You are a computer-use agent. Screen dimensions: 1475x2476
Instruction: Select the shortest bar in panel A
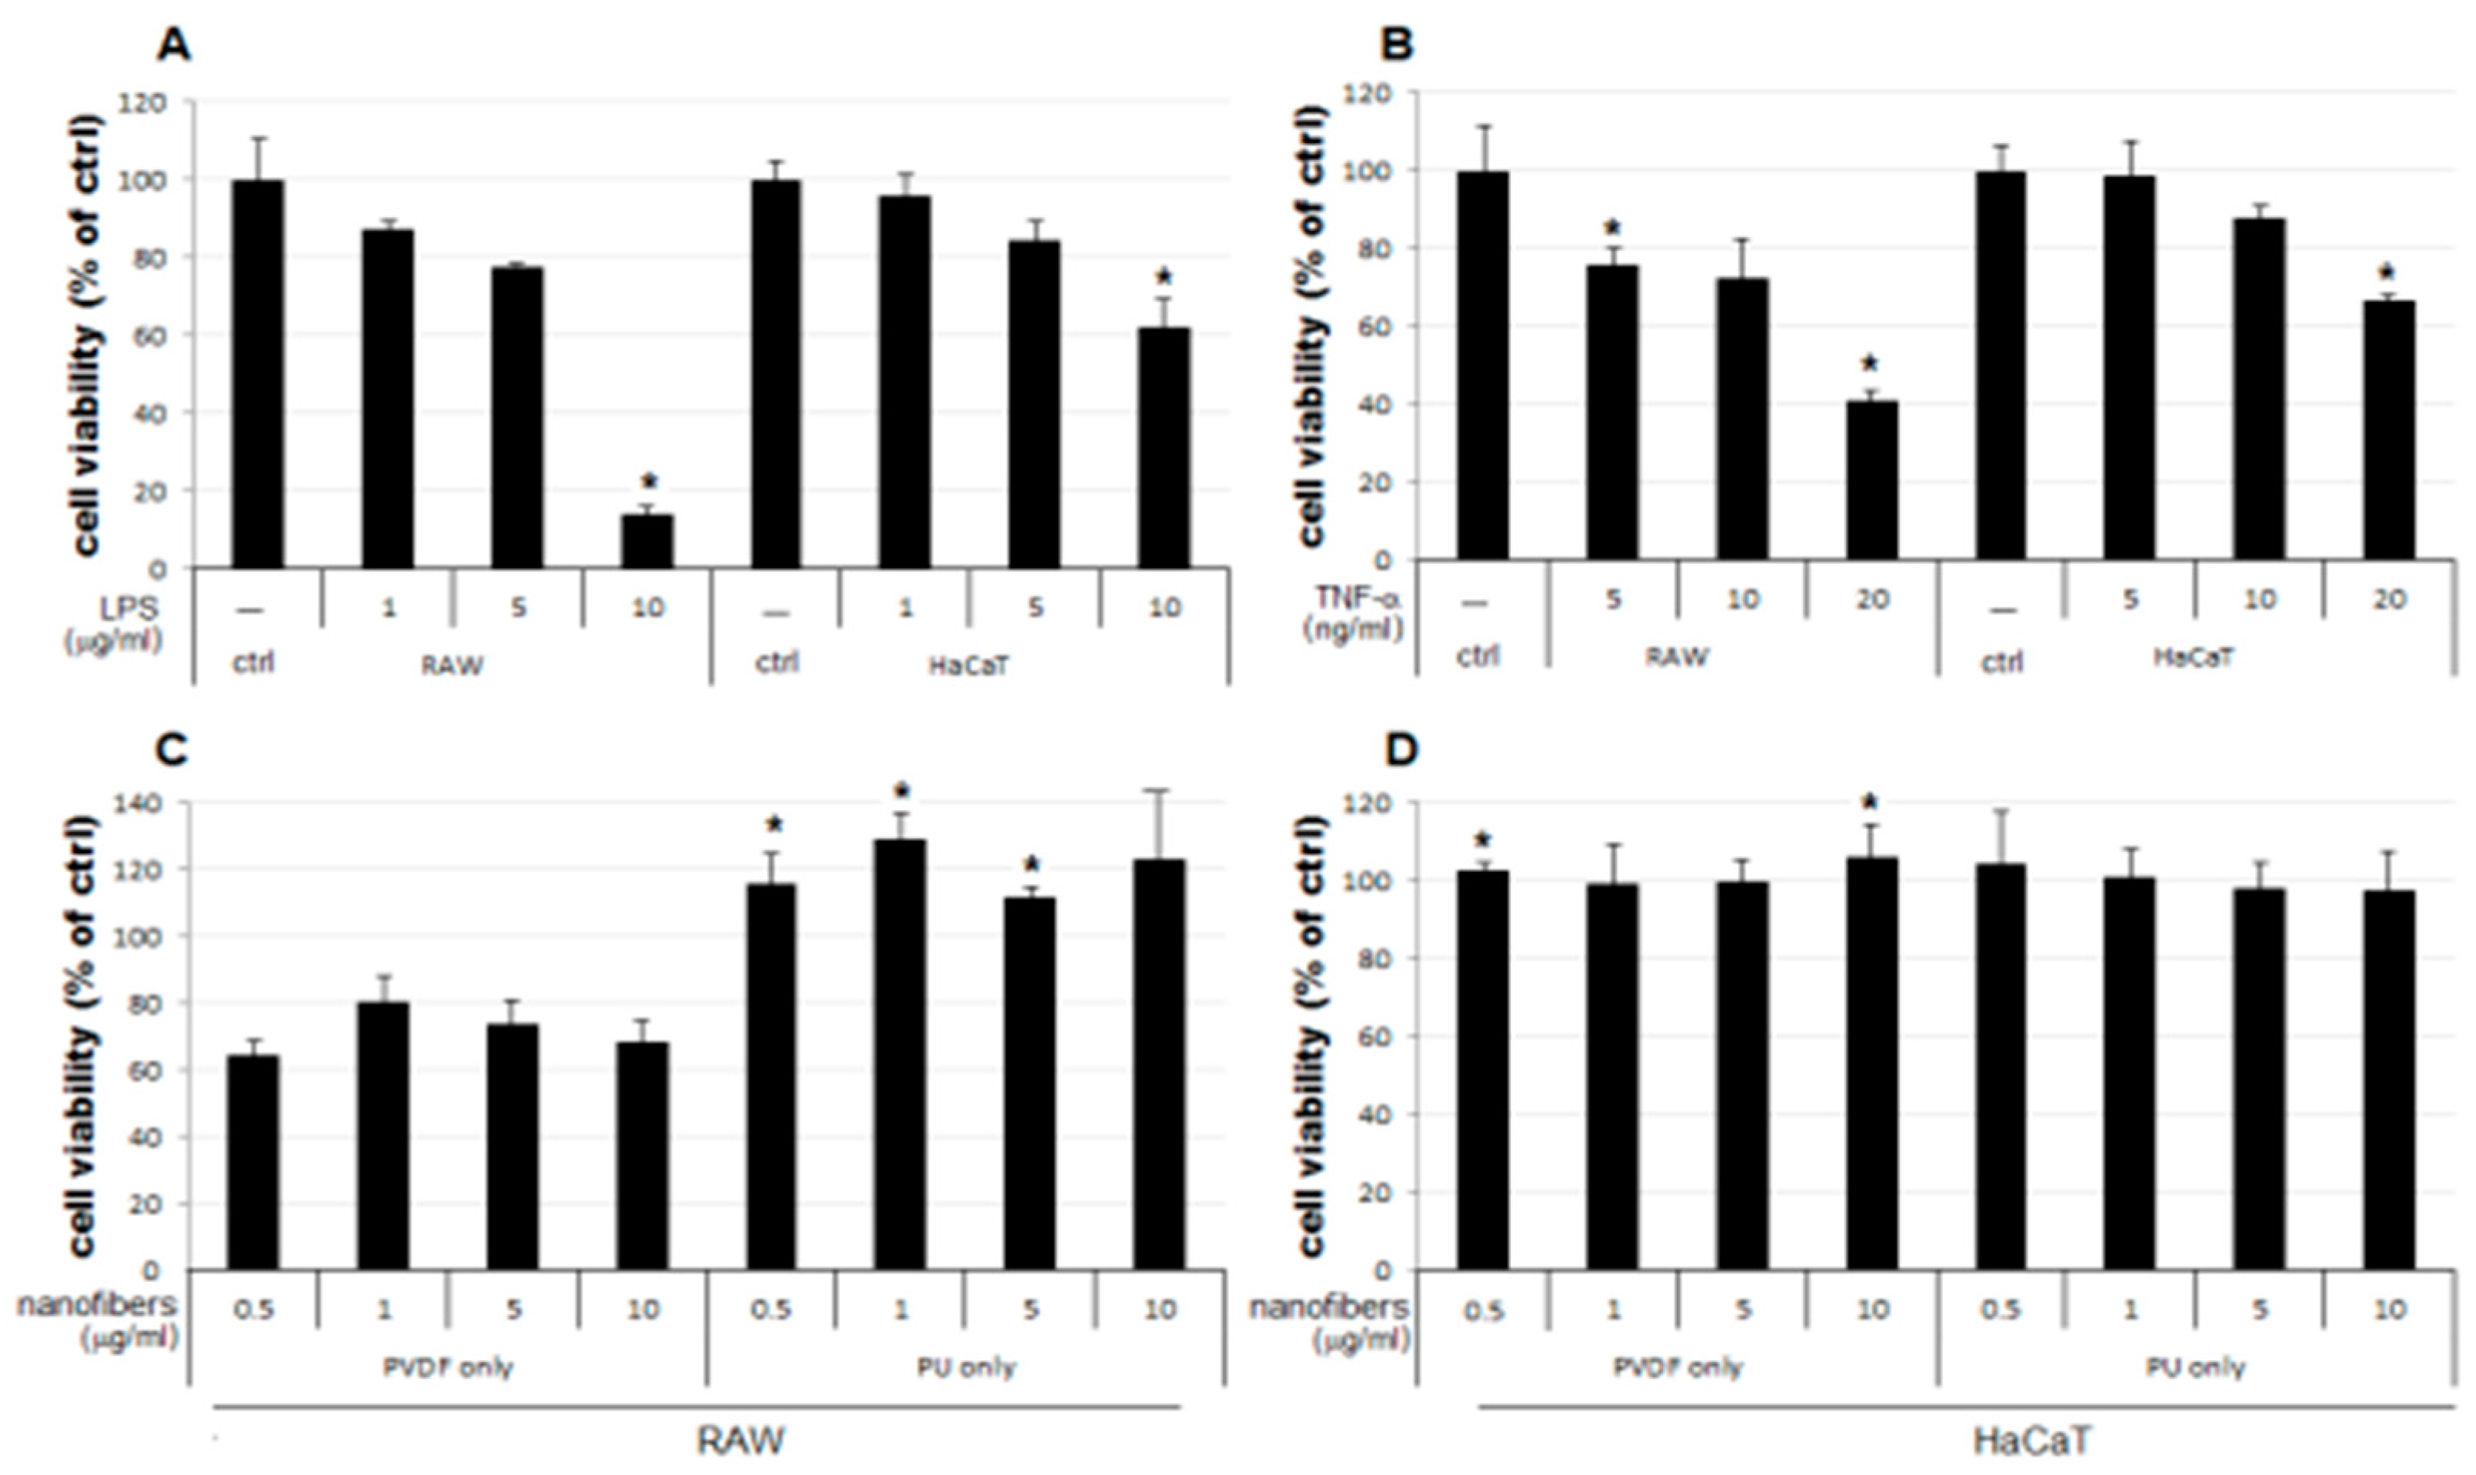pyautogui.click(x=647, y=541)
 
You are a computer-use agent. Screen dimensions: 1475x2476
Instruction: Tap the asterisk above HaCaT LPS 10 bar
pyautogui.click(x=1164, y=276)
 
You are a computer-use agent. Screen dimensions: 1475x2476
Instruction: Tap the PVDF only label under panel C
pyautogui.click(x=448, y=1367)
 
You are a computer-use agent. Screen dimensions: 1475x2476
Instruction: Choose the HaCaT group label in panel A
pyautogui.click(x=968, y=665)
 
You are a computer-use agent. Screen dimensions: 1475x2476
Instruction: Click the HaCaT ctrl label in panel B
pyautogui.click(x=2001, y=661)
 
